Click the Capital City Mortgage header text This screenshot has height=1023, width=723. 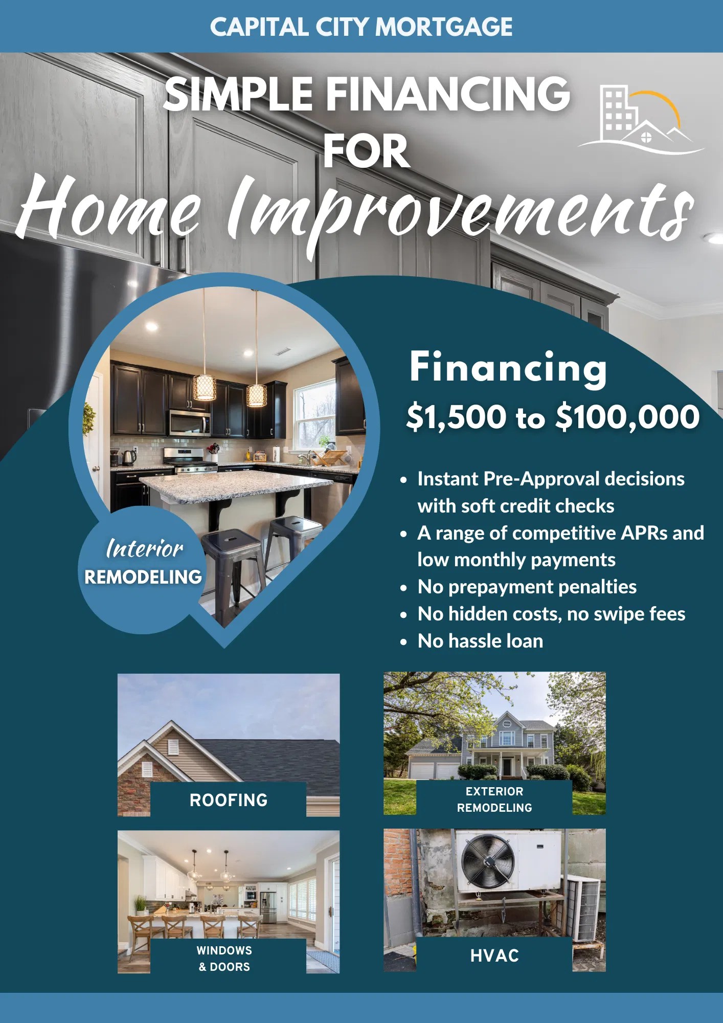(361, 27)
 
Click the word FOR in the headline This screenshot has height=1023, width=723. (366, 151)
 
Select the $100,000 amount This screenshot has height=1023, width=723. (627, 416)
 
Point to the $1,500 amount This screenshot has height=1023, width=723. (456, 416)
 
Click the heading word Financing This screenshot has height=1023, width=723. (508, 368)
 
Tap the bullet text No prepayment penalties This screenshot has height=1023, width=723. (527, 587)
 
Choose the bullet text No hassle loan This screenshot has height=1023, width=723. (480, 641)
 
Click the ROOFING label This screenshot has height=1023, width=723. (229, 800)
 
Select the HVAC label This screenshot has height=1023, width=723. (494, 955)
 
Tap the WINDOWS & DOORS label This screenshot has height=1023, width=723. (224, 959)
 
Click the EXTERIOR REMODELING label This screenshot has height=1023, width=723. (494, 799)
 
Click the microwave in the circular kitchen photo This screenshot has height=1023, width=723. (189, 423)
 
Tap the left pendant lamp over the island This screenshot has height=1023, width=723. (204, 387)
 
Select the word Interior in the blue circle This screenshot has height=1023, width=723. (145, 549)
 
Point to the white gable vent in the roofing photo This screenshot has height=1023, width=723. (173, 748)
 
